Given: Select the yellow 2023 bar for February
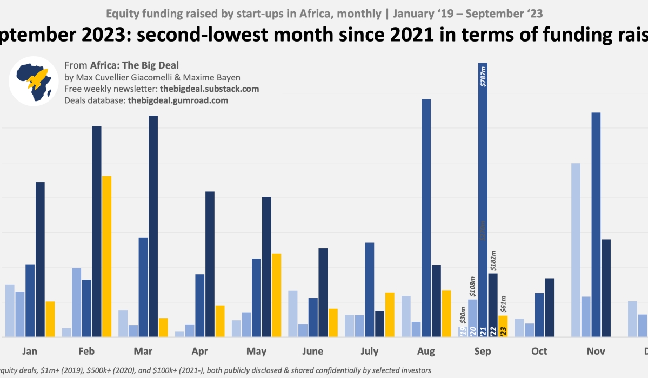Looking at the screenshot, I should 106,256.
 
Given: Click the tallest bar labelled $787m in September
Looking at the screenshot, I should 483,200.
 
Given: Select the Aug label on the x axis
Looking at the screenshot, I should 426,352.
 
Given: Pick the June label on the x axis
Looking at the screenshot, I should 312,352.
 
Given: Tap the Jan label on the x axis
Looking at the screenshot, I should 30,352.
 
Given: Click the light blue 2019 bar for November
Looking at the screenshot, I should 576,249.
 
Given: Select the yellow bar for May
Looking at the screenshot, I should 276,295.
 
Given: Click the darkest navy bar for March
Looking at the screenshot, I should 153,226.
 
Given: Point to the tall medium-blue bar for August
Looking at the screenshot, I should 426,218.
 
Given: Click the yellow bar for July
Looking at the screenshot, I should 390,314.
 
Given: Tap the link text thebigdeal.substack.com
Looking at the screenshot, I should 209,89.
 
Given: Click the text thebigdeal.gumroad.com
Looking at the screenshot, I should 178,100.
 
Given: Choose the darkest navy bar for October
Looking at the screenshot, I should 549,307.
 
